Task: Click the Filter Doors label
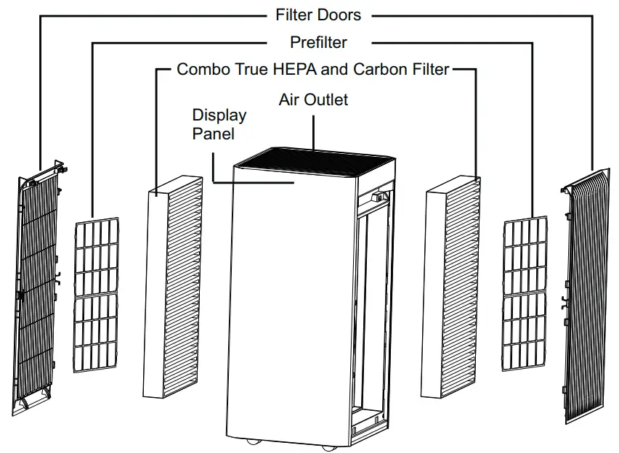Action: [x=318, y=15]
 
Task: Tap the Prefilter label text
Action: [x=318, y=43]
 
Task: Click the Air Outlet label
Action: [x=313, y=99]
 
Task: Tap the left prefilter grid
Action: [x=97, y=295]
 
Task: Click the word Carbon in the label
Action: [x=379, y=70]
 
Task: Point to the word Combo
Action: [x=201, y=70]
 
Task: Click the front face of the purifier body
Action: [x=291, y=305]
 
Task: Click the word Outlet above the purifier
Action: [x=327, y=99]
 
